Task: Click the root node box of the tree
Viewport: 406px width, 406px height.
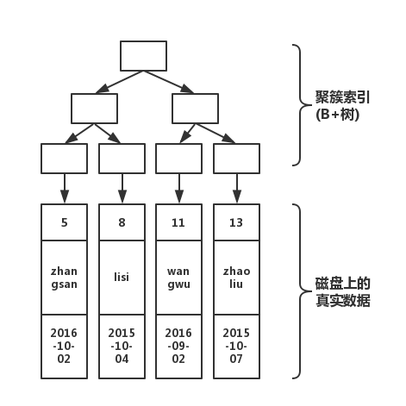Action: tap(143, 56)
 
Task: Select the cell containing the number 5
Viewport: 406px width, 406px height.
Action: tap(65, 222)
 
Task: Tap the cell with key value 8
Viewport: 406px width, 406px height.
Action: tap(122, 222)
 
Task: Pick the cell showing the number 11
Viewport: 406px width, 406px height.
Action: tap(178, 222)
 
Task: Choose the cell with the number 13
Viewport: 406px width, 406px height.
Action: tap(236, 222)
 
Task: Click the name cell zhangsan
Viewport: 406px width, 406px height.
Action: tap(65, 278)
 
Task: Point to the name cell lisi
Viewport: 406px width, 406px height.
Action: tap(122, 278)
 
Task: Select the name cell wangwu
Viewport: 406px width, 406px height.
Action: tap(178, 278)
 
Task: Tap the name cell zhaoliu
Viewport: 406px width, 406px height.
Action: tap(236, 278)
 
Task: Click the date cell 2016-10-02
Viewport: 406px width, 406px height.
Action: tap(65, 347)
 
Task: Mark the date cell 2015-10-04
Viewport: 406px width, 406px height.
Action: tap(122, 347)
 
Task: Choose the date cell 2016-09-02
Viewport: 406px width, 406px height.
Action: tap(178, 347)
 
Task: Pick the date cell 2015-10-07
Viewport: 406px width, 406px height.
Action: tap(236, 347)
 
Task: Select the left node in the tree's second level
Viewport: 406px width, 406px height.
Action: tap(94, 108)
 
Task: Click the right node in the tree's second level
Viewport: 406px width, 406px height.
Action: tap(195, 108)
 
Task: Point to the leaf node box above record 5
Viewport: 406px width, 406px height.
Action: tap(65, 159)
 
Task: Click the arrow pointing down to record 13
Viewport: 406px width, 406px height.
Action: tap(236, 188)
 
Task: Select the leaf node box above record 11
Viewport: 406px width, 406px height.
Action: tap(178, 159)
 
